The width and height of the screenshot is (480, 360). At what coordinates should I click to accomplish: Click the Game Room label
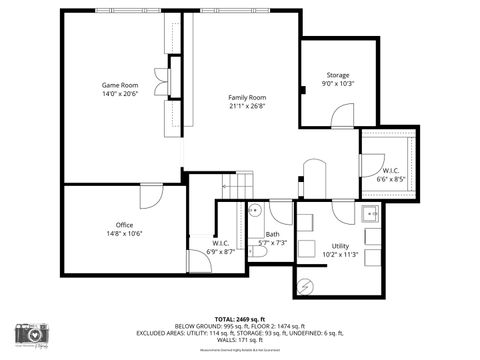tap(119, 85)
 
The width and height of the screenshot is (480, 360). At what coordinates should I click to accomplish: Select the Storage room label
tap(338, 75)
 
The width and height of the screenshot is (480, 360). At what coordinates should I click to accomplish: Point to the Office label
tap(124, 224)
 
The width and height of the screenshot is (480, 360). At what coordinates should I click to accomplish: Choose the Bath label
tap(272, 234)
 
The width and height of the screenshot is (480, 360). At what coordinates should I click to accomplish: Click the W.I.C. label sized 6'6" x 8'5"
tap(390, 171)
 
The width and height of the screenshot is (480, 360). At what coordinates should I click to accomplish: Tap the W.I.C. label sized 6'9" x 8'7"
tap(222, 243)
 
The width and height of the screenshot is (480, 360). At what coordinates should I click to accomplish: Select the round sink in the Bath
tap(255, 211)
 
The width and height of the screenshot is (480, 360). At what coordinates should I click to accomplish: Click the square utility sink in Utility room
tap(370, 213)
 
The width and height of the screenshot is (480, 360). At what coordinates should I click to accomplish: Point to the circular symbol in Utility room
tap(306, 286)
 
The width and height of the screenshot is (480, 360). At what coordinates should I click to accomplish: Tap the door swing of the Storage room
tap(344, 116)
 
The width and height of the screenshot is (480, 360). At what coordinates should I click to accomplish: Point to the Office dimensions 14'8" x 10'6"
tap(124, 234)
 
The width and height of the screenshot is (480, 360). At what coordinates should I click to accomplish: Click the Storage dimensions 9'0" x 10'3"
tap(338, 84)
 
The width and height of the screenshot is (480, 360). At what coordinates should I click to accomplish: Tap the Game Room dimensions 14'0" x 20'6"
tap(119, 94)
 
